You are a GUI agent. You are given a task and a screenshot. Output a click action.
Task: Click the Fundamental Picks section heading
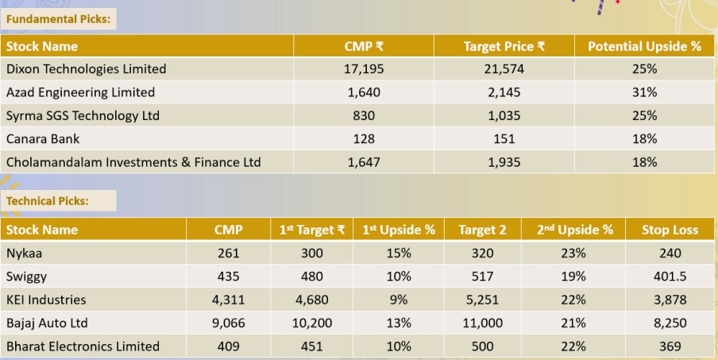(59, 17)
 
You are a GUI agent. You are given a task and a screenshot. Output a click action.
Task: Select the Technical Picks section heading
(48, 201)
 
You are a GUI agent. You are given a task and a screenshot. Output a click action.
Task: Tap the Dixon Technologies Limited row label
(86, 69)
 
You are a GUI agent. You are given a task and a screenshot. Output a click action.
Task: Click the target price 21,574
(504, 69)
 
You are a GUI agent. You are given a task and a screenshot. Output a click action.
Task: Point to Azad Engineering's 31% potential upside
(644, 92)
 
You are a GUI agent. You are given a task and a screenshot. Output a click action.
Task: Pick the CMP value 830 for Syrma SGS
(364, 115)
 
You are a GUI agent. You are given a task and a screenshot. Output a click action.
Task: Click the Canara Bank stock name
(43, 139)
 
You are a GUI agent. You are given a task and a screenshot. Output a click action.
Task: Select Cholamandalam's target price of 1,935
(504, 162)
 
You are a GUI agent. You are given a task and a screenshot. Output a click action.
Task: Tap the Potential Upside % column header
(644, 46)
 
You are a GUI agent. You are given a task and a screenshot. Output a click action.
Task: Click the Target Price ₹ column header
(504, 46)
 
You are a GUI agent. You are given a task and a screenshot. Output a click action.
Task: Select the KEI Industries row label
(46, 300)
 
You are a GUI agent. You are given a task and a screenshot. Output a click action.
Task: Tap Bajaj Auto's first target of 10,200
(312, 323)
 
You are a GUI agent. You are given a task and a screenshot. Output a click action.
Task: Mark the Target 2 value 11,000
(482, 323)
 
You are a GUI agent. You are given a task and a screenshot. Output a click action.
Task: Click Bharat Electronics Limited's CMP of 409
(228, 346)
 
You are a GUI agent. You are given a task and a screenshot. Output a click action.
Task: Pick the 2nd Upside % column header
(574, 230)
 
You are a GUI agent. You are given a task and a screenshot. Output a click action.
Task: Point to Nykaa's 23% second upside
(573, 254)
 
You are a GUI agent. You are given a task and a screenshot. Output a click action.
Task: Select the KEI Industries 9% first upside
(399, 300)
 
